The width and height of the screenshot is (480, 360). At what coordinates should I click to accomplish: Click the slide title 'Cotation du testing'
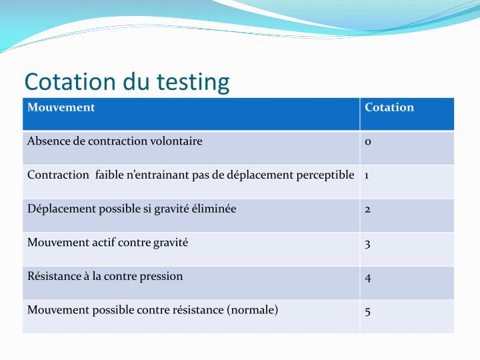(127, 82)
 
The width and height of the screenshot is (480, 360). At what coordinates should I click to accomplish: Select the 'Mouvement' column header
(61, 107)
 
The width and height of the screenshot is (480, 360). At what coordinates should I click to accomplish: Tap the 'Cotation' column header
(389, 107)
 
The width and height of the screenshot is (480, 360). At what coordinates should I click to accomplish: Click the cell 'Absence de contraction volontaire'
(115, 141)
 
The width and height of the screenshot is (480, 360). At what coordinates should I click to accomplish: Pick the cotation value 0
(368, 142)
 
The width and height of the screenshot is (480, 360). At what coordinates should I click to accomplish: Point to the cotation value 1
(367, 175)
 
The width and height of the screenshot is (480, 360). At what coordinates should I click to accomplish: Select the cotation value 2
(368, 209)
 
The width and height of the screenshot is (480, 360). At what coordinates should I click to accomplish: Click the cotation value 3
(368, 243)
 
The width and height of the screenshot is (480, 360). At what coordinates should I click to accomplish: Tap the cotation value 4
(368, 277)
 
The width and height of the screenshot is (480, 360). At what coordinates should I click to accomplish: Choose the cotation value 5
(368, 310)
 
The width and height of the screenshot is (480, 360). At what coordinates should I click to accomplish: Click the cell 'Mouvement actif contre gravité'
(108, 242)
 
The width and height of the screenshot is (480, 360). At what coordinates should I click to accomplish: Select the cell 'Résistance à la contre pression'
(105, 276)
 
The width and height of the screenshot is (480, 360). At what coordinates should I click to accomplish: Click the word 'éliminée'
(215, 209)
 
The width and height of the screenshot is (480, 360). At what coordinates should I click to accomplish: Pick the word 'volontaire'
(177, 141)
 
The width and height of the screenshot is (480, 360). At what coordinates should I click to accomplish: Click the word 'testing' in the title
(193, 83)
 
